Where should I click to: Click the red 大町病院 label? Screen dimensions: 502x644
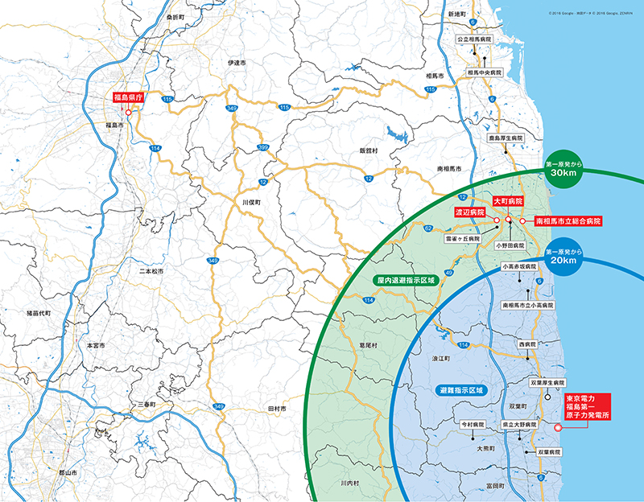(x=509, y=201)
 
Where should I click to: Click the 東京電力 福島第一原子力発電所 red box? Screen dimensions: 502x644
(x=587, y=409)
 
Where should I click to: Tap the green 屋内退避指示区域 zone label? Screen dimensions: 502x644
(x=405, y=281)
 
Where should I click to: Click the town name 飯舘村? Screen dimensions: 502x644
(x=369, y=150)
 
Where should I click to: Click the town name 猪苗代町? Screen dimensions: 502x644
(x=37, y=313)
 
